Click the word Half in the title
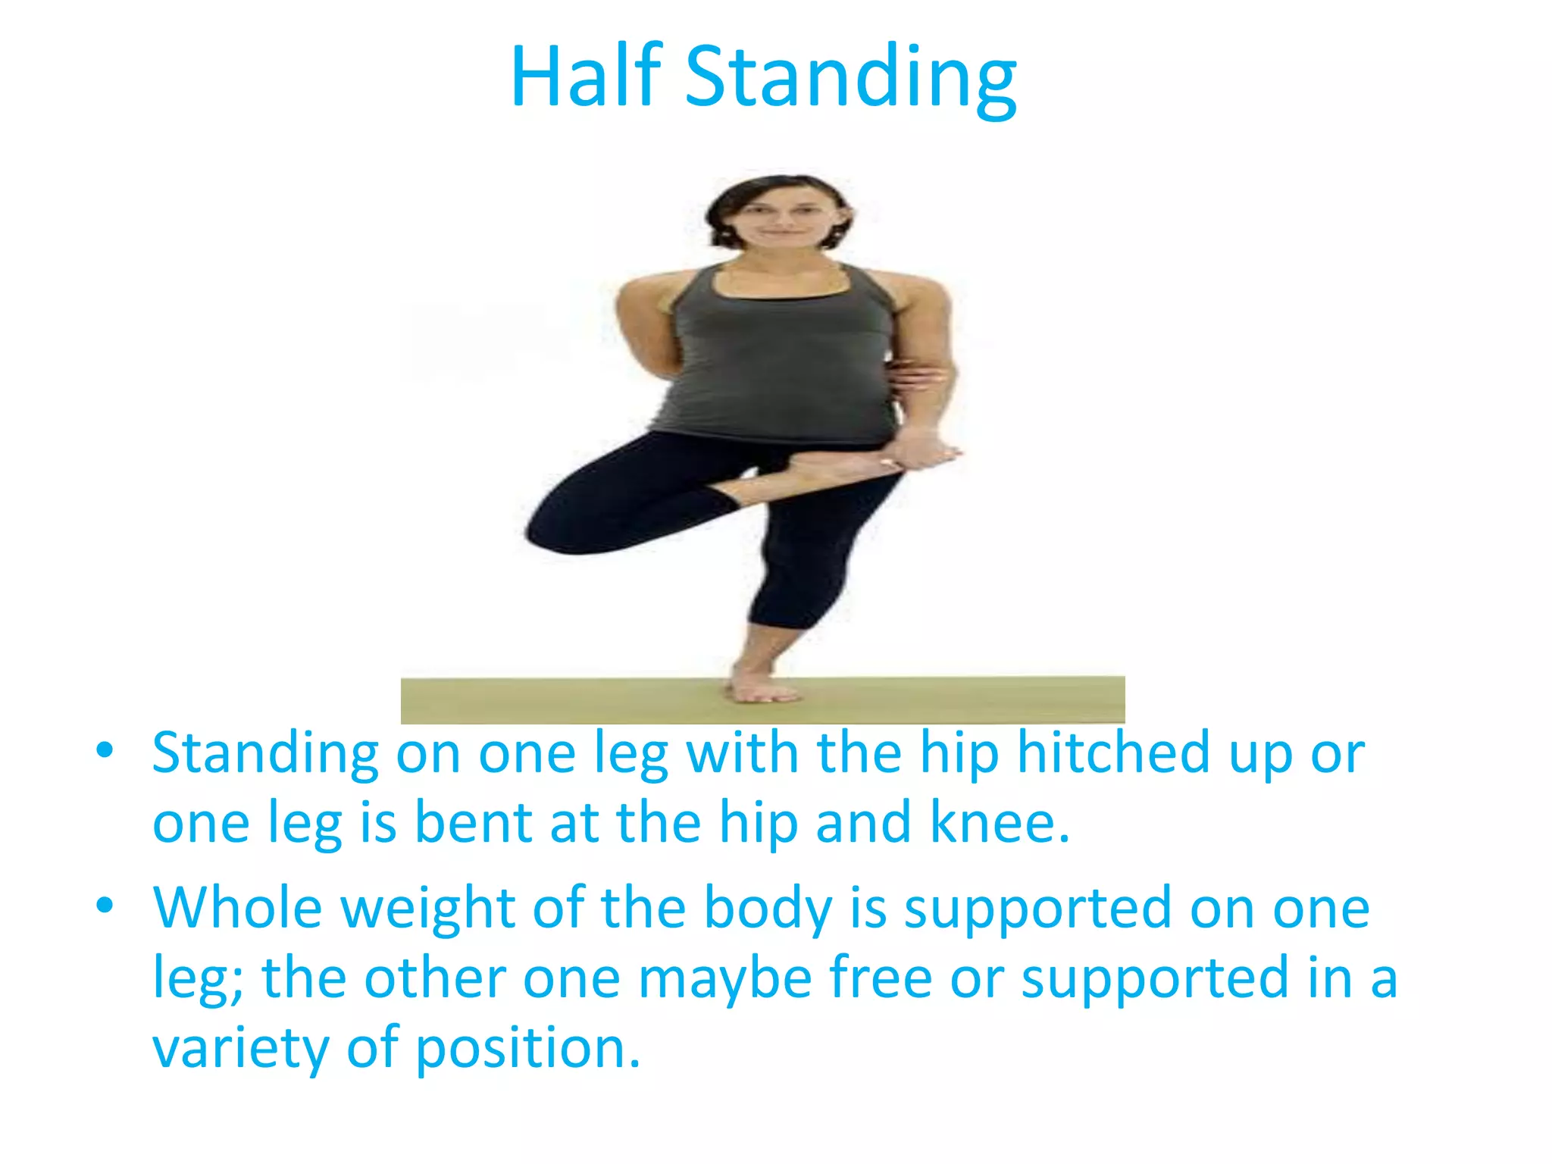tap(587, 77)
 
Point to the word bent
tap(473, 823)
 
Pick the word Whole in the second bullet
tap(238, 907)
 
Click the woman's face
tap(781, 216)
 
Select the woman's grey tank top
tap(777, 356)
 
